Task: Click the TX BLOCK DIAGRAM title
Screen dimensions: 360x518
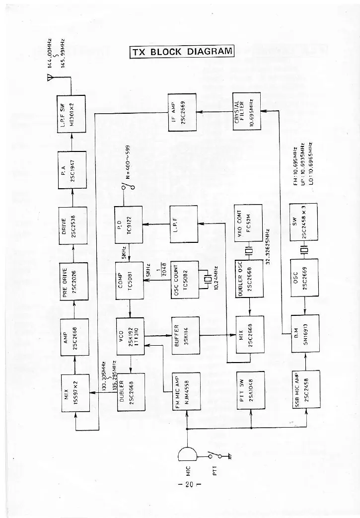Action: (x=181, y=52)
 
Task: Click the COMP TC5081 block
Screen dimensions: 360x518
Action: (x=130, y=281)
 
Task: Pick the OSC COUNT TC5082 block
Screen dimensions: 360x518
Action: (x=183, y=280)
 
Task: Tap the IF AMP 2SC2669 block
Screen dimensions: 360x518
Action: (x=182, y=112)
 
